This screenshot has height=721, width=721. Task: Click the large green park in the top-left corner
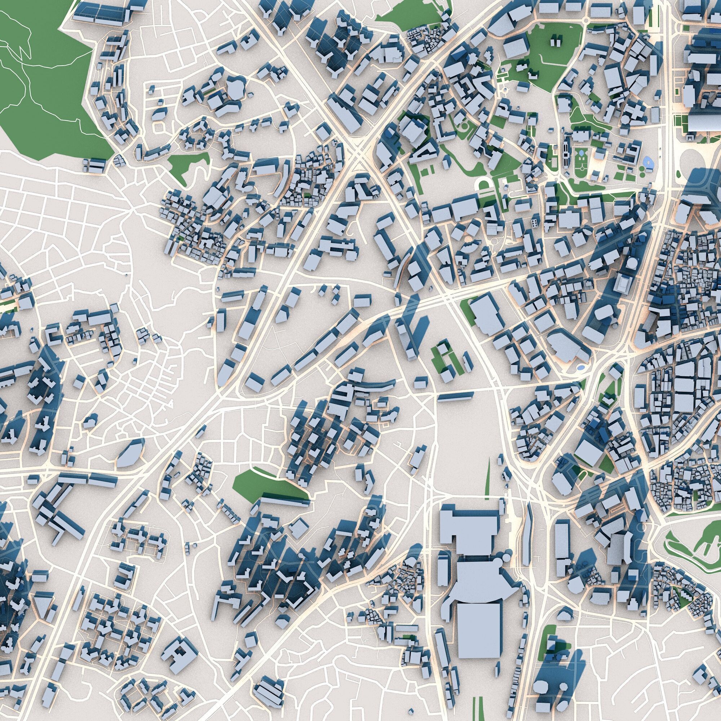pos(45,75)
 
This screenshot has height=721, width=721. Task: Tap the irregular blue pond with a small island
pos(647,162)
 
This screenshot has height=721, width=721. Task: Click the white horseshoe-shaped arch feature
pos(484,185)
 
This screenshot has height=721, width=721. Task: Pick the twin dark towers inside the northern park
pos(556,40)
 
